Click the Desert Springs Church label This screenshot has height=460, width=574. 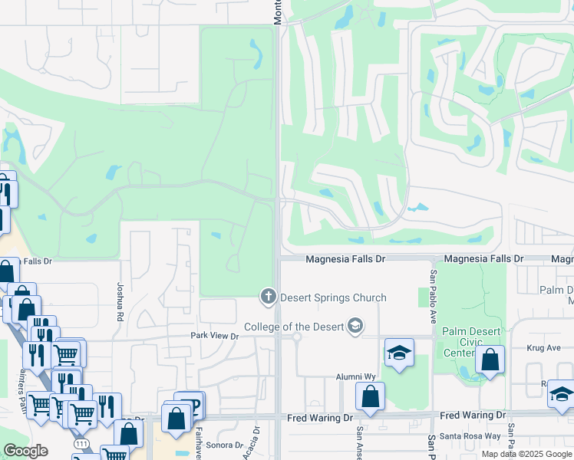[x=333, y=297]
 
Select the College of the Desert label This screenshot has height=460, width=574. [x=295, y=327]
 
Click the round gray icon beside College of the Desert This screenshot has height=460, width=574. [x=355, y=327]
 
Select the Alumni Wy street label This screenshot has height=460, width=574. [x=355, y=377]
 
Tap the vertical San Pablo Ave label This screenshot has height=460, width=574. [x=433, y=288]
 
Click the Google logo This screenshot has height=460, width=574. [x=25, y=451]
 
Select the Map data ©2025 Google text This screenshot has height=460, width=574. [x=526, y=454]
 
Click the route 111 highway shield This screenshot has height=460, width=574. [x=79, y=445]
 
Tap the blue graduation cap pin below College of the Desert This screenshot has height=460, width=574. [x=399, y=353]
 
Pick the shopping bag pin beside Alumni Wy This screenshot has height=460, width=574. [x=370, y=396]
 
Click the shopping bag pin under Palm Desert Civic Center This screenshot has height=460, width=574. [x=490, y=360]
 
